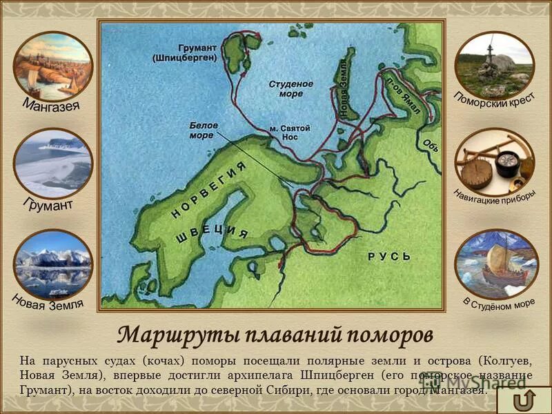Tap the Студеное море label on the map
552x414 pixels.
290,88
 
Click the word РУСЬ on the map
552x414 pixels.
389,257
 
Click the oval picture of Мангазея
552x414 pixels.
52,66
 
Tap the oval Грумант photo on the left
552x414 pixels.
52,164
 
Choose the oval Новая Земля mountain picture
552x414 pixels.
52,265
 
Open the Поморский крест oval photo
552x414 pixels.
494,65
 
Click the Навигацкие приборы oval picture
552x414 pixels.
494,160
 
